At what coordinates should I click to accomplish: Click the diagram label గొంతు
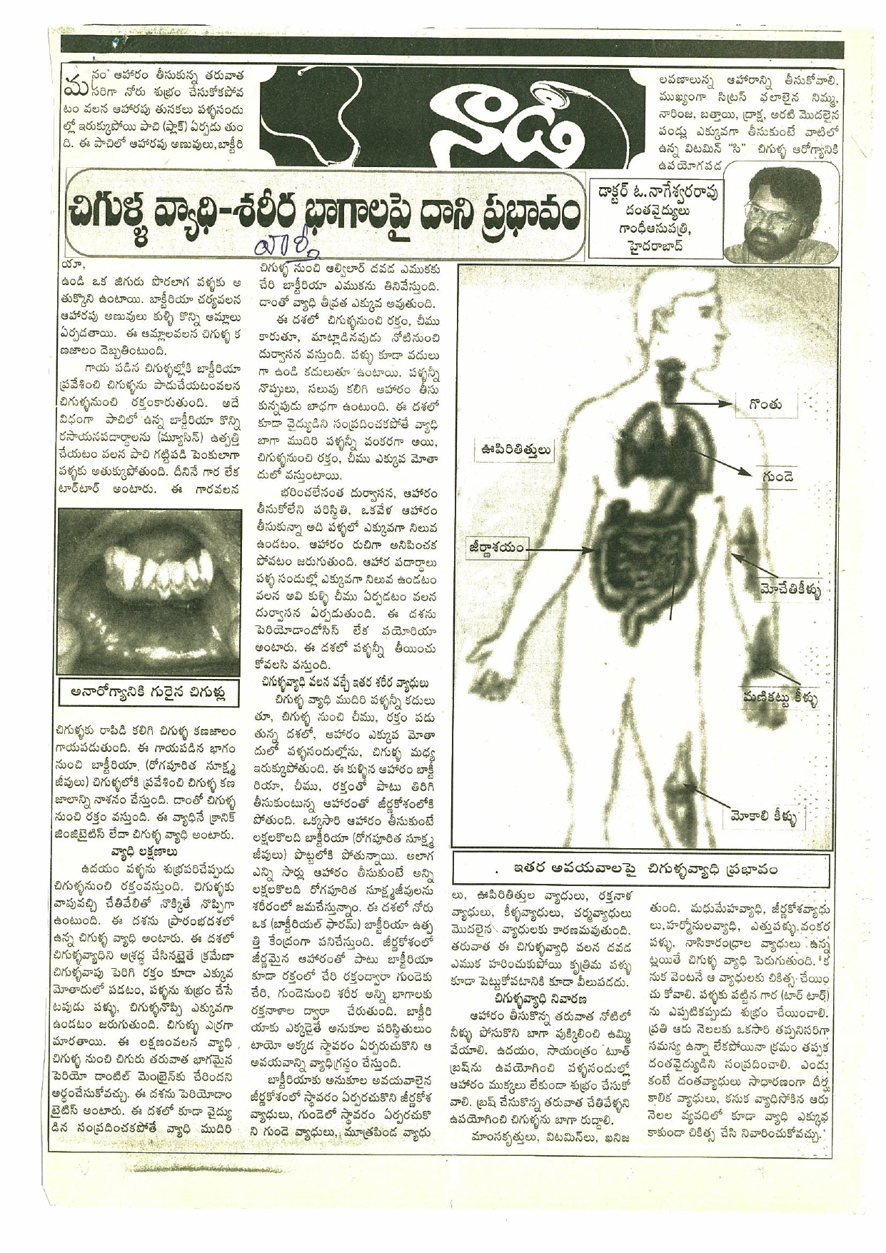765,405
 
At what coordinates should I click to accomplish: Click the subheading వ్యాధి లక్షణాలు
145,852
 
